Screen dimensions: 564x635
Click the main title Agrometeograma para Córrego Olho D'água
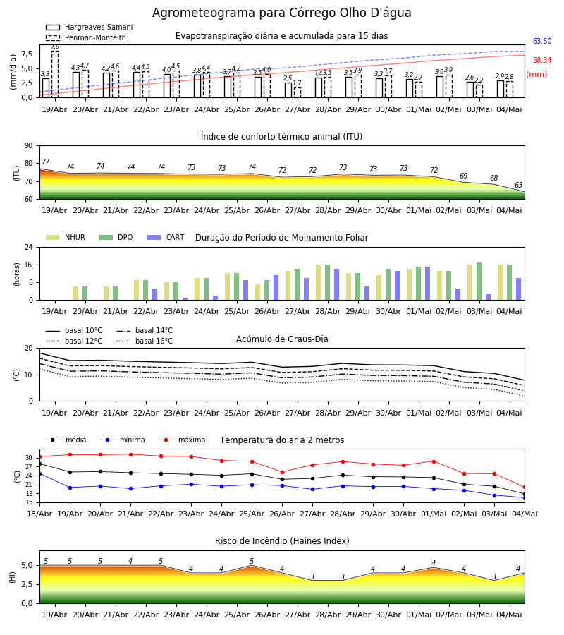(281, 13)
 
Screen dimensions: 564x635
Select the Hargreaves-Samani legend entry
(90, 27)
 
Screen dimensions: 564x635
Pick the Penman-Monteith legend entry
(86, 37)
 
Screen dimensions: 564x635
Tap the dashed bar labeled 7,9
(55, 74)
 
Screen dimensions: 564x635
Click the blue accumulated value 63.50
(542, 42)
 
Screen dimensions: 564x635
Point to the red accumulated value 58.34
(542, 61)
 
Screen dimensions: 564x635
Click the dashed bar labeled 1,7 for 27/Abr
(298, 92)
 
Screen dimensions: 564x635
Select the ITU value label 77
(46, 162)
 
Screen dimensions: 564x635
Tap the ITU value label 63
(518, 185)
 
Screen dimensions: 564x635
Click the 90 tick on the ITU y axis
(29, 146)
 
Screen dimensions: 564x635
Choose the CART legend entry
(166, 237)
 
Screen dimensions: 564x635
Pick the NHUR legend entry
(66, 237)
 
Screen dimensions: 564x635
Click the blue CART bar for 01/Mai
(428, 284)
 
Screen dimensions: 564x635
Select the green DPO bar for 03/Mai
(479, 282)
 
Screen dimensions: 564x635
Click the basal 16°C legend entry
(145, 341)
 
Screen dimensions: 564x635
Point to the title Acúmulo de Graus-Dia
(282, 339)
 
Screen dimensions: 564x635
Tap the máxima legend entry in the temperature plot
(182, 440)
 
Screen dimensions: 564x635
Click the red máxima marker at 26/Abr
(282, 472)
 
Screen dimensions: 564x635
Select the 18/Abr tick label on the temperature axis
(39, 514)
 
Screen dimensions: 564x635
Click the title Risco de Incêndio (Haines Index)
(282, 541)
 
